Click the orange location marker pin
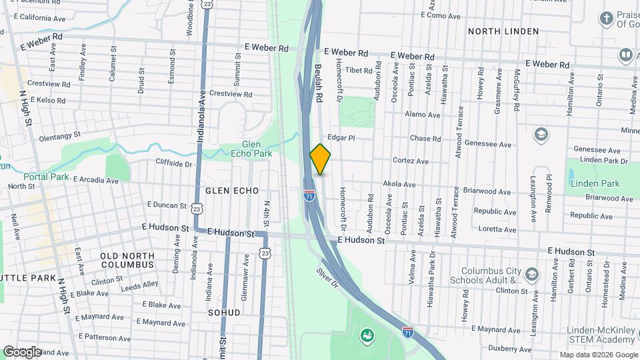pos(320,159)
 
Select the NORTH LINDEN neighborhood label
pos(503,31)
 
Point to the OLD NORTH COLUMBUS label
pos(127,260)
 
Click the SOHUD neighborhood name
pos(223,312)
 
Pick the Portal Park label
pos(46,177)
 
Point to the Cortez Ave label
pos(411,161)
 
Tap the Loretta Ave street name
pos(497,228)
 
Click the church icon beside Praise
pos(606,18)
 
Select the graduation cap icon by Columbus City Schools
pos(531,274)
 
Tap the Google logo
pos(22,351)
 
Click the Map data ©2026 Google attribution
pos(597,355)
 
